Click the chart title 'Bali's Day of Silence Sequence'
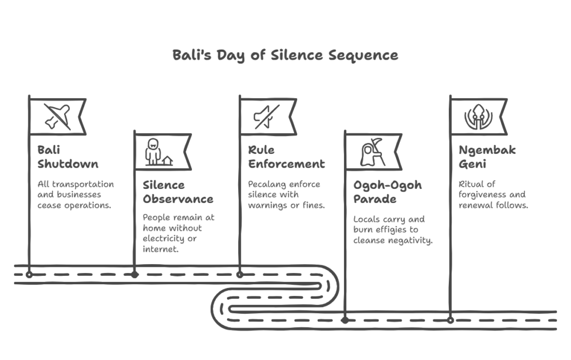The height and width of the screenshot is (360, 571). tap(285, 55)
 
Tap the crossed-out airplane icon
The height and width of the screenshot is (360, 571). tap(57, 117)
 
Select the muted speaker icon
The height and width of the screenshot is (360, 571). tap(267, 117)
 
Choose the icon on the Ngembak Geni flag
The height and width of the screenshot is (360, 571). tap(478, 117)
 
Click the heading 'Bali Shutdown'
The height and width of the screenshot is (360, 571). tap(67, 157)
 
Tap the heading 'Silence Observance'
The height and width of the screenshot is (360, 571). tap(178, 192)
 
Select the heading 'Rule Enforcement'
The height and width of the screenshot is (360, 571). tap(286, 157)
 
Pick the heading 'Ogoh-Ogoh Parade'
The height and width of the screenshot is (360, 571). tap(388, 192)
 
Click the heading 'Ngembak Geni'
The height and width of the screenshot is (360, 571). tap(487, 157)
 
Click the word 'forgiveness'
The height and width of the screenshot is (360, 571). tap(481, 194)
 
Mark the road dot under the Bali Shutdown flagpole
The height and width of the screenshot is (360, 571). tap(29, 275)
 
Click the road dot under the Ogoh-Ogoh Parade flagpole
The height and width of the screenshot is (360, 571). tap(345, 320)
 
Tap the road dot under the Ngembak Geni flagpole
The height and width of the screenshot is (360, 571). tap(451, 320)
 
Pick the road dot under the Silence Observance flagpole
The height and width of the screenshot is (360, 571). tap(135, 275)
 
